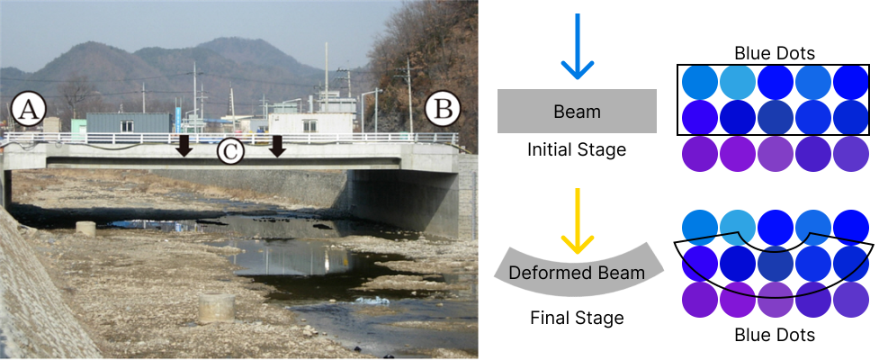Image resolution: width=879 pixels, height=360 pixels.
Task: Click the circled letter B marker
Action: pyautogui.click(x=443, y=109)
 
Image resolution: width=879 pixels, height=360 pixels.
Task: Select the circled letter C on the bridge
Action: pyautogui.click(x=231, y=151)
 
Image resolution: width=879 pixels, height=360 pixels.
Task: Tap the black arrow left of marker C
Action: pyautogui.click(x=184, y=145)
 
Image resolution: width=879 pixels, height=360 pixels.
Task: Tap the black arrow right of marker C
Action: pyautogui.click(x=277, y=145)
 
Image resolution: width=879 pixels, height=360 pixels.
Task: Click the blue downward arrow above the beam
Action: pyautogui.click(x=577, y=46)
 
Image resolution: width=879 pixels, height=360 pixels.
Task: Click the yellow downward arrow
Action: pyautogui.click(x=577, y=220)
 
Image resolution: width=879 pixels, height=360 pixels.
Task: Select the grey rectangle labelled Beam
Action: pyautogui.click(x=577, y=111)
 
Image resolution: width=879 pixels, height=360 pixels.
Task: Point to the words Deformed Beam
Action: pyautogui.click(x=577, y=273)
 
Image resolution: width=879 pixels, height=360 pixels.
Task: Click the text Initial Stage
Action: pyautogui.click(x=577, y=149)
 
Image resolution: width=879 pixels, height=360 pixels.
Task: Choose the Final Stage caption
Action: pyautogui.click(x=577, y=318)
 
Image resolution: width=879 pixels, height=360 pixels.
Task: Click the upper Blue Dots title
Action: pyautogui.click(x=774, y=54)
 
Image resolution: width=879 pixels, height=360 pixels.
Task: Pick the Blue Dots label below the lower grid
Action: pyautogui.click(x=774, y=336)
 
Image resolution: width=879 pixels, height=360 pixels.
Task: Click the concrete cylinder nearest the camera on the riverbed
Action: pyautogui.click(x=217, y=309)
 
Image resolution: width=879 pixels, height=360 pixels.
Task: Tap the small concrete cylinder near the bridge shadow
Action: pyautogui.click(x=85, y=229)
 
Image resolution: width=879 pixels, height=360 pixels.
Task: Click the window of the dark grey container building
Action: pyautogui.click(x=127, y=126)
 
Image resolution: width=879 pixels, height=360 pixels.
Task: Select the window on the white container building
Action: pyautogui.click(x=309, y=126)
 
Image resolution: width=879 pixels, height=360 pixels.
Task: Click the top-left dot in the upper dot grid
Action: pyautogui.click(x=700, y=83)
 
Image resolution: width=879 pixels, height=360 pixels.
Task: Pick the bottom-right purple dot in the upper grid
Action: pyautogui.click(x=851, y=154)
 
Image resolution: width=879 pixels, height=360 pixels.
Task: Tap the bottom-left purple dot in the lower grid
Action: pyautogui.click(x=700, y=300)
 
